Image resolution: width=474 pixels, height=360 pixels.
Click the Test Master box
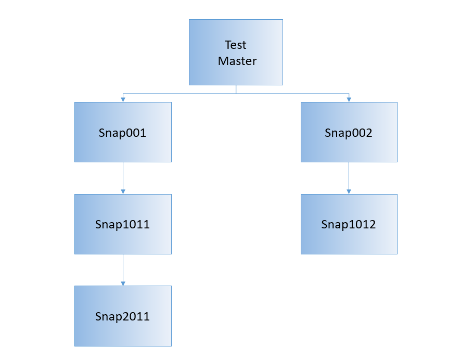click(x=236, y=53)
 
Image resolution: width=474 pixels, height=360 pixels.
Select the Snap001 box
click(x=123, y=132)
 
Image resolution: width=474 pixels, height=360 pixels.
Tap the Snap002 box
click(x=349, y=132)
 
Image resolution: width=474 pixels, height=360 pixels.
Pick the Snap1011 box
click(x=123, y=224)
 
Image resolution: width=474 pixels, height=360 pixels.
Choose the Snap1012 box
click(x=349, y=224)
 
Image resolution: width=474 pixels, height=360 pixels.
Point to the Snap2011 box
click(x=123, y=316)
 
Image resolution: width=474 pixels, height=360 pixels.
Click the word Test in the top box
click(x=236, y=45)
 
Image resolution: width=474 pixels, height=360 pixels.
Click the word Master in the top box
click(x=237, y=61)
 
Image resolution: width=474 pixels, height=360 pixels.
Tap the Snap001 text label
click(x=122, y=133)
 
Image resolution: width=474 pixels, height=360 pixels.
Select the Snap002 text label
click(x=349, y=133)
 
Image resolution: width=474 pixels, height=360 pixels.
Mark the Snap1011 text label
click(x=122, y=225)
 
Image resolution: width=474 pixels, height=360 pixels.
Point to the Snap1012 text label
click(x=348, y=225)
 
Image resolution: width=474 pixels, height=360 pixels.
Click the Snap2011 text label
click(x=122, y=316)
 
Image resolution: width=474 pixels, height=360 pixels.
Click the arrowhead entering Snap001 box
click(x=123, y=99)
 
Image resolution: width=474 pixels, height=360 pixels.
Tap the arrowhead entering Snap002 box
click(x=349, y=99)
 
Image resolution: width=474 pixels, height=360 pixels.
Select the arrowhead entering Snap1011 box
click(x=123, y=191)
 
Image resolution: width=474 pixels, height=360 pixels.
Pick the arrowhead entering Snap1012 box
click(x=349, y=191)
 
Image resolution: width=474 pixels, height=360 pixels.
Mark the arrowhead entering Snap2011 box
click(x=123, y=283)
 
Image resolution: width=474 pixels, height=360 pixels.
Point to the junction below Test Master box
click(x=236, y=94)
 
